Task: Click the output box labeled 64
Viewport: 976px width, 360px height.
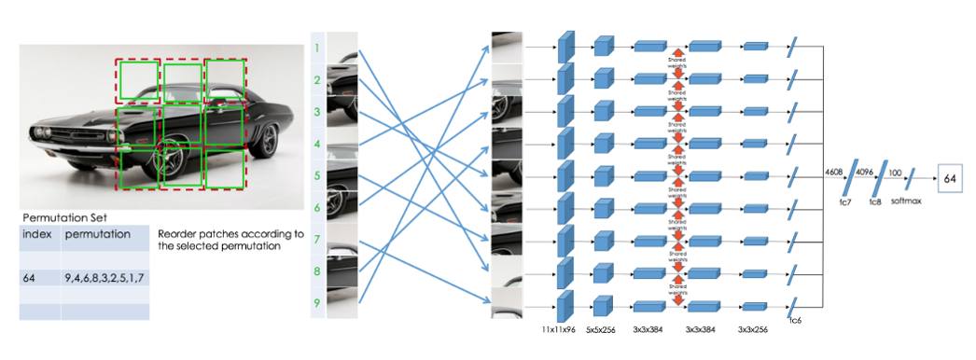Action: (x=950, y=177)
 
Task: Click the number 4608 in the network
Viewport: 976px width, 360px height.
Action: (x=835, y=172)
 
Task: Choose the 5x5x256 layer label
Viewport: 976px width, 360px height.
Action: (x=602, y=330)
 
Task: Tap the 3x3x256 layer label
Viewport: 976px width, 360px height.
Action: (x=755, y=330)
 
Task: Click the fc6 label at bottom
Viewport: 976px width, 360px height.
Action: (x=795, y=322)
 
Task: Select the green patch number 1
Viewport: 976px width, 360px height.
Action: (x=317, y=48)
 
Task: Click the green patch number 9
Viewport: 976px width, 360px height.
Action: (x=317, y=302)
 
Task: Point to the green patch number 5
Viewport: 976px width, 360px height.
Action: (x=317, y=175)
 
